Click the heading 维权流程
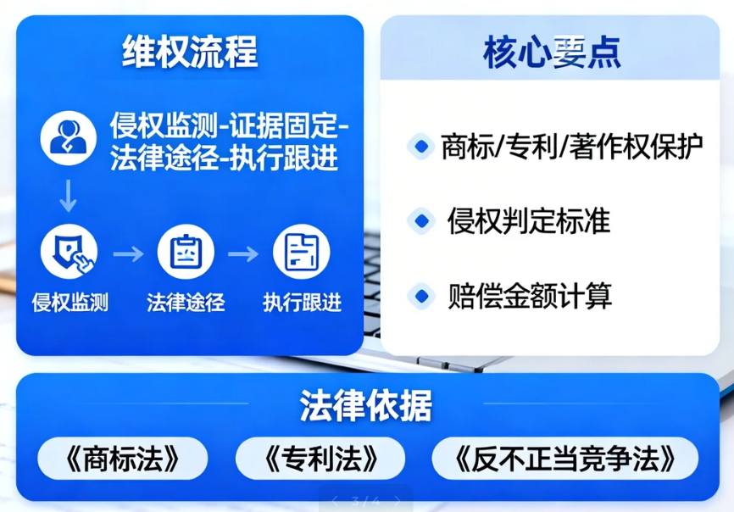[189, 53]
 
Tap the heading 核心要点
[553, 53]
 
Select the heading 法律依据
[366, 406]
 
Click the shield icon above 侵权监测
[70, 253]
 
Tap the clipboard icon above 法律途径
[186, 253]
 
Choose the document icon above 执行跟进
[302, 253]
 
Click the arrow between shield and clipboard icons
[128, 253]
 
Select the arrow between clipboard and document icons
[244, 253]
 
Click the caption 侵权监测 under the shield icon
[70, 302]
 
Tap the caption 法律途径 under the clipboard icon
[186, 302]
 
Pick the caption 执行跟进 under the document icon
[302, 302]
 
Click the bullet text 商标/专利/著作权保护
[571, 147]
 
